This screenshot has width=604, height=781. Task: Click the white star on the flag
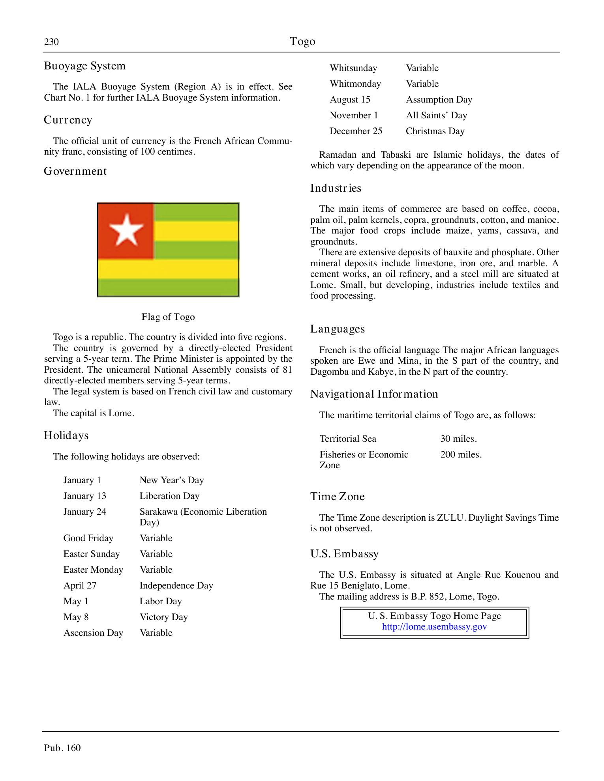coord(126,230)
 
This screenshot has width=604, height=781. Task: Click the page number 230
coord(51,42)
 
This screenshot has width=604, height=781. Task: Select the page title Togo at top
coord(302,41)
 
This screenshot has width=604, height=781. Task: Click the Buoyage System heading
coord(84,66)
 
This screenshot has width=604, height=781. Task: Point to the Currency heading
coord(68,120)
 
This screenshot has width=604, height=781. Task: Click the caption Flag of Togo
coord(168,317)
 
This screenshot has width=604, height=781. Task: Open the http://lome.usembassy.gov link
coord(434,627)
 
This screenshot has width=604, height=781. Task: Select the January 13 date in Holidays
coord(84,496)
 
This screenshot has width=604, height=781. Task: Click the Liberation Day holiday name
coord(169,496)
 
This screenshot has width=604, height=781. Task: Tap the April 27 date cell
coord(80,585)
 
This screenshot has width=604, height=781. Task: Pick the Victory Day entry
coord(163,617)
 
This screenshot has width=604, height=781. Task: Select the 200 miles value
coord(461,454)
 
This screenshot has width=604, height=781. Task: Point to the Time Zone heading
coord(338,497)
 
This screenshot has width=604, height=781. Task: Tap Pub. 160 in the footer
coord(62,748)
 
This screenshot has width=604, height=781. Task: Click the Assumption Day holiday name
coord(439,99)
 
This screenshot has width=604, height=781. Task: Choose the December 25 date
coord(356,131)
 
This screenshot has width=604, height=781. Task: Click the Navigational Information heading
coord(374,394)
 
